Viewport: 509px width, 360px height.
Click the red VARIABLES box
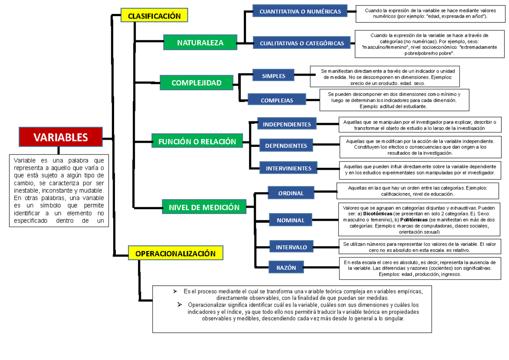point(60,137)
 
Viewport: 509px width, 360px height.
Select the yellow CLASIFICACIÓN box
point(154,16)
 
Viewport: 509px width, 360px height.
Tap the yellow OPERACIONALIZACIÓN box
point(175,253)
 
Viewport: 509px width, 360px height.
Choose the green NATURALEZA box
point(200,42)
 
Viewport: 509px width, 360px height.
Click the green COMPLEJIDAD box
point(196,83)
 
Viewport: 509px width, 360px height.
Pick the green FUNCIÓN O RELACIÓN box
point(197,141)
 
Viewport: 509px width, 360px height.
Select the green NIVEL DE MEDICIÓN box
point(204,207)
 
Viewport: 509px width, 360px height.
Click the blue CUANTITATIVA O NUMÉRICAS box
point(300,11)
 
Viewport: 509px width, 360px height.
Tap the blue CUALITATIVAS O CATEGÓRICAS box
point(302,43)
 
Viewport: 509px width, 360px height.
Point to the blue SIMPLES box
point(273,76)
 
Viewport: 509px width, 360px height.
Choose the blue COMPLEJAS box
point(277,101)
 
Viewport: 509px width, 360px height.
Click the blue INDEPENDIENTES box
point(287,124)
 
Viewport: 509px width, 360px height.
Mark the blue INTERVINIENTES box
point(288,168)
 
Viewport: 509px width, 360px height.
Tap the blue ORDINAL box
point(291,193)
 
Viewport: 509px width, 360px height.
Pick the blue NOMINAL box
point(291,220)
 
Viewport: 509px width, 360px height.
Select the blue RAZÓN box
point(286,267)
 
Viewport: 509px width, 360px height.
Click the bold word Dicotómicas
point(372,214)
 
